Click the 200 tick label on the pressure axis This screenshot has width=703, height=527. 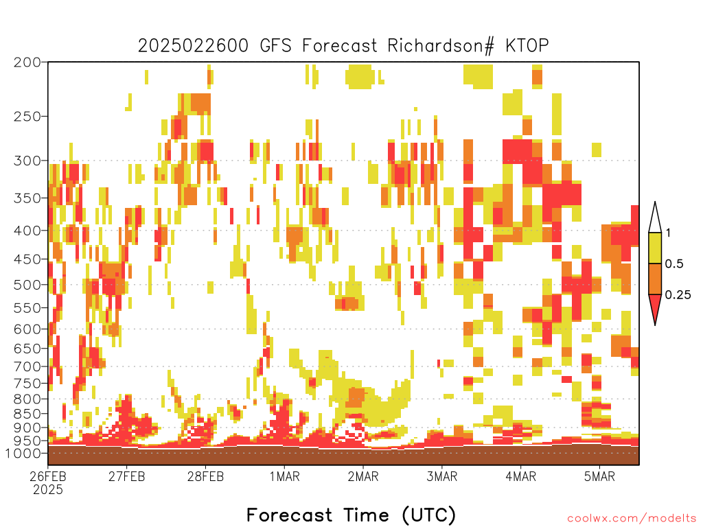tap(27, 62)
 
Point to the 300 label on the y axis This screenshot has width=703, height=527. tap(27, 161)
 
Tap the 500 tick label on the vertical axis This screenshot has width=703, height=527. tap(27, 285)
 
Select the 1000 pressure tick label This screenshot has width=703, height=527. tap(23, 453)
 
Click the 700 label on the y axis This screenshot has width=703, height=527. tap(27, 366)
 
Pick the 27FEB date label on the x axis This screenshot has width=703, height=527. tap(126, 476)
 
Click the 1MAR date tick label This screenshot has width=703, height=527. tap(284, 476)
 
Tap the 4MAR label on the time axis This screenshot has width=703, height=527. tap(520, 476)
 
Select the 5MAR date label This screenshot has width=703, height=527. tap(599, 476)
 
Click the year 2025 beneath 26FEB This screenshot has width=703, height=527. tap(48, 490)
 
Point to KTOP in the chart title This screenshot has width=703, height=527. tap(527, 46)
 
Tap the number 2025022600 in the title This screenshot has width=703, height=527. tap(193, 46)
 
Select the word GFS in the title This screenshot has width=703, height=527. tap(276, 46)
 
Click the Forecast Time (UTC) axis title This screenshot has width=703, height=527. tap(351, 515)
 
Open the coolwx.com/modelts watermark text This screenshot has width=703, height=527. tap(632, 519)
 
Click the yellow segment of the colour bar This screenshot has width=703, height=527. tap(655, 248)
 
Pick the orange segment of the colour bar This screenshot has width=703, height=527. tap(655, 279)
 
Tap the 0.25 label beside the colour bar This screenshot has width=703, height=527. tap(678, 294)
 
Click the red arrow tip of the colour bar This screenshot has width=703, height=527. tap(655, 325)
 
